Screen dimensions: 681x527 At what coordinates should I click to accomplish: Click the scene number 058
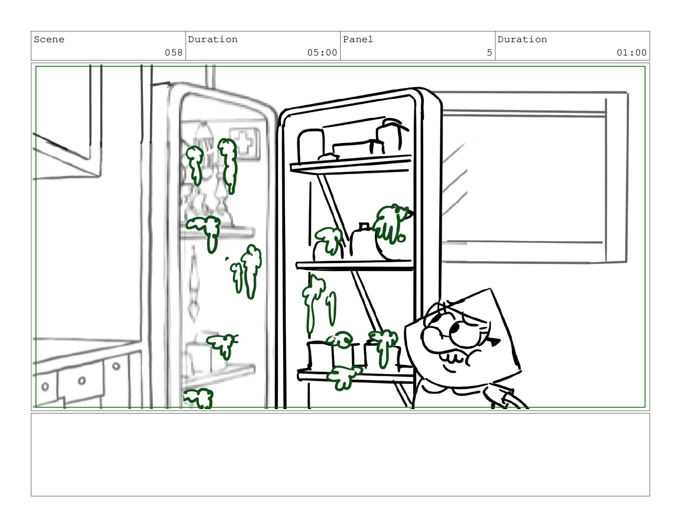click(173, 52)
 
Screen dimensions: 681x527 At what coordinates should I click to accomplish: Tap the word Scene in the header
click(49, 40)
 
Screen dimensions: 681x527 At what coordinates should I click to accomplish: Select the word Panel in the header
click(358, 40)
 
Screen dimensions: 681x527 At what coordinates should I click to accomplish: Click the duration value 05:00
click(322, 52)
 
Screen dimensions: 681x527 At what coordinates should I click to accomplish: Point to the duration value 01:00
click(631, 52)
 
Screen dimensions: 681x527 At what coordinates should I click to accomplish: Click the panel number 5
click(489, 52)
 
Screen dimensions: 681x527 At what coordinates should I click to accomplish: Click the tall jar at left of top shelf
click(311, 146)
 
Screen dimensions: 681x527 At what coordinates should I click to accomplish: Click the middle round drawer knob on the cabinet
click(82, 381)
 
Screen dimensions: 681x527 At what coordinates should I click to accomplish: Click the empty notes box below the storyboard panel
click(340, 454)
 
